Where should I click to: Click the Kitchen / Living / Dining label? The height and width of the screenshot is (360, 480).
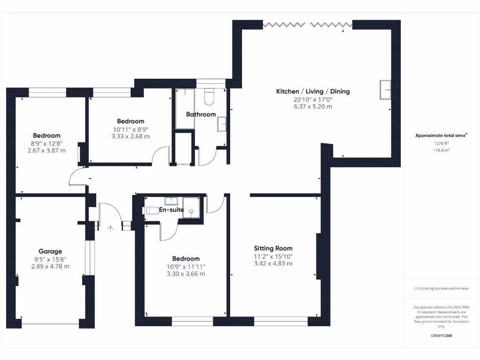[313, 91]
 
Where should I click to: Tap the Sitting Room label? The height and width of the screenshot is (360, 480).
[273, 248]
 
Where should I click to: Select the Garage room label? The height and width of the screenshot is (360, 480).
[50, 251]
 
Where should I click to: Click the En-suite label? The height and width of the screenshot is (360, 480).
[172, 210]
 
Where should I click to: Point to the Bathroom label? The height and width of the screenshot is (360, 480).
[201, 114]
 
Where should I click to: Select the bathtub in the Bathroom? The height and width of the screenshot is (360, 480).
[185, 108]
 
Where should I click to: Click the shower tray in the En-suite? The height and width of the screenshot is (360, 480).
[191, 208]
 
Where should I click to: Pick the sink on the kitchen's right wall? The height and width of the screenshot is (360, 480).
[385, 90]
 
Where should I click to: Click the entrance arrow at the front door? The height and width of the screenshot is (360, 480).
[110, 228]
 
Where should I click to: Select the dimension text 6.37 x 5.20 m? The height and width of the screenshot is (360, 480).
[313, 106]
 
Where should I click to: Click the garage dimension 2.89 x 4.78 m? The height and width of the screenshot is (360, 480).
[50, 266]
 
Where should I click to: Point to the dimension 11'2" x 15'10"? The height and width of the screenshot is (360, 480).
[273, 256]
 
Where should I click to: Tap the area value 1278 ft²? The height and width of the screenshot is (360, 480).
[441, 143]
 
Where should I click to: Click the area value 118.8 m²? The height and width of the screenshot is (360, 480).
[441, 150]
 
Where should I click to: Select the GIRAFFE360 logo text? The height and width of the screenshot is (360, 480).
[441, 336]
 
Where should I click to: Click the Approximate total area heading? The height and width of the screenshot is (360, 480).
[441, 135]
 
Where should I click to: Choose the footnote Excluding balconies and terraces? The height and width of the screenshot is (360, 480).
[441, 288]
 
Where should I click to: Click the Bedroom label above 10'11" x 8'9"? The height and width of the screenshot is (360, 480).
[130, 121]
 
